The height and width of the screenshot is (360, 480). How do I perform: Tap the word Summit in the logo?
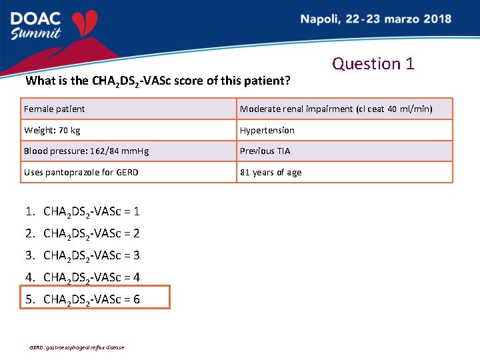point(37,33)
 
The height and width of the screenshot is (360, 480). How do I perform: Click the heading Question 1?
point(373,63)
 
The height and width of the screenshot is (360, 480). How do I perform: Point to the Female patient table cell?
point(55,109)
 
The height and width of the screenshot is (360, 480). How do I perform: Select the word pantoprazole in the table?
point(75,173)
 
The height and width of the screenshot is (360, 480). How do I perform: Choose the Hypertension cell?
point(267,130)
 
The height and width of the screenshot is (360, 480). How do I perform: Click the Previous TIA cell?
point(265,151)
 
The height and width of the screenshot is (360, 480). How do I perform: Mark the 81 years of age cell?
point(271,173)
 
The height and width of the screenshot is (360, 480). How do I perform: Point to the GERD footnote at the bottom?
point(76,347)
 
